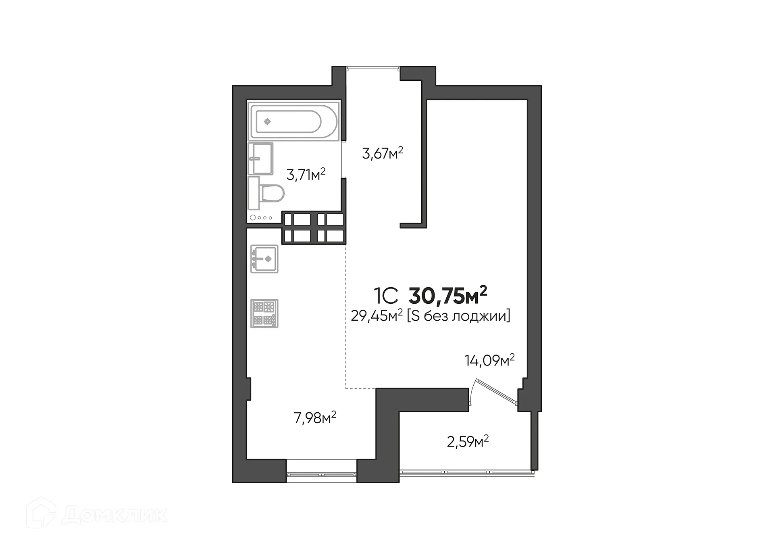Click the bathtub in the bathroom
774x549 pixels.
pyautogui.click(x=294, y=121)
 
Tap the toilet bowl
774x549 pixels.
pyautogui.click(x=272, y=194)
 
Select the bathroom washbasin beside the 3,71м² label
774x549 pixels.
pyautogui.click(x=260, y=159)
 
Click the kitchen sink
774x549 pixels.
pyautogui.click(x=264, y=259)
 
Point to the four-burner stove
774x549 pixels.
pyautogui.click(x=264, y=313)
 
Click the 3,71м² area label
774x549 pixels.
pyautogui.click(x=306, y=175)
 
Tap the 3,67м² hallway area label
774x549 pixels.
pyautogui.click(x=383, y=153)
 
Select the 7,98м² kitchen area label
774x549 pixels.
pyautogui.click(x=315, y=418)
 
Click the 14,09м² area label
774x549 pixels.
pyautogui.click(x=489, y=360)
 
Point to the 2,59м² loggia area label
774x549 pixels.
pyautogui.click(x=468, y=441)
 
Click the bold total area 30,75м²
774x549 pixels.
pyautogui.click(x=448, y=296)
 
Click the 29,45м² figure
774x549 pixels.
pyautogui.click(x=377, y=316)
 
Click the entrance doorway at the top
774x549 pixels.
pyautogui.click(x=373, y=68)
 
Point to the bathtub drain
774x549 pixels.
pyautogui.click(x=267, y=121)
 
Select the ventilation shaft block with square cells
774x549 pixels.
pyautogui.click(x=314, y=228)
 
